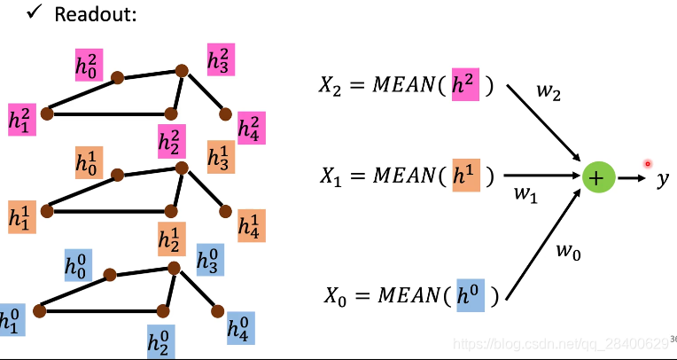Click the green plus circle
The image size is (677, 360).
click(x=597, y=177)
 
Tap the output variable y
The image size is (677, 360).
click(x=662, y=179)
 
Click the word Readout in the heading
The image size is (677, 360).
click(x=96, y=15)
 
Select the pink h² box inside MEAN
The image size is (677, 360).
click(x=465, y=84)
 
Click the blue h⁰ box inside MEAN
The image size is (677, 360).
click(x=471, y=293)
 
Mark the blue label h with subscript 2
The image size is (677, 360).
click(x=160, y=340)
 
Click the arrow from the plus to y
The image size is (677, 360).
click(x=632, y=178)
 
